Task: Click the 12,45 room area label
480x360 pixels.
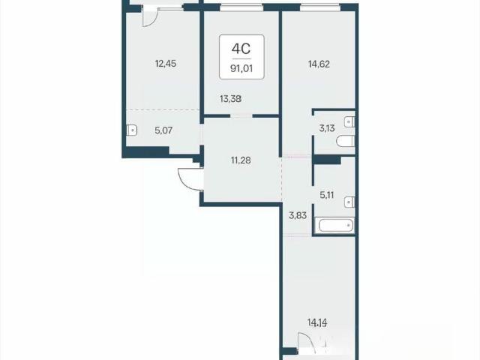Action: click(x=166, y=64)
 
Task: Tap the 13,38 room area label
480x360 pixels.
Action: click(x=230, y=99)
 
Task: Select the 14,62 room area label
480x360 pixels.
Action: click(x=319, y=64)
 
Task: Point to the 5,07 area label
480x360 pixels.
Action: click(x=163, y=130)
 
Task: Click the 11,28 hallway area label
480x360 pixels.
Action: click(x=241, y=160)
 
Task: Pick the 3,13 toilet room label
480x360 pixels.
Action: click(x=327, y=128)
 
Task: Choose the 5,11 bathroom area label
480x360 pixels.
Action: click(x=327, y=195)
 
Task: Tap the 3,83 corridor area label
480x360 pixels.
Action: click(x=298, y=215)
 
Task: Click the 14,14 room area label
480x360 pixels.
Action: click(x=317, y=322)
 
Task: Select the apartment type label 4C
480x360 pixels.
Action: click(x=241, y=48)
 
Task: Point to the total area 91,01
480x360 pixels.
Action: click(x=241, y=68)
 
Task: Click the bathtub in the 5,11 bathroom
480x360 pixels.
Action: click(x=335, y=226)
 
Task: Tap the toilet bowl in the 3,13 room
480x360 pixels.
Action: click(x=345, y=142)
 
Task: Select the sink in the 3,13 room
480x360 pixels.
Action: click(x=349, y=122)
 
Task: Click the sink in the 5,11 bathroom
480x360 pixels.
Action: click(x=349, y=202)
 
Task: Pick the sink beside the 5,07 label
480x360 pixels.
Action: click(x=132, y=130)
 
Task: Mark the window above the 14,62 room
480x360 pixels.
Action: click(x=320, y=8)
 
